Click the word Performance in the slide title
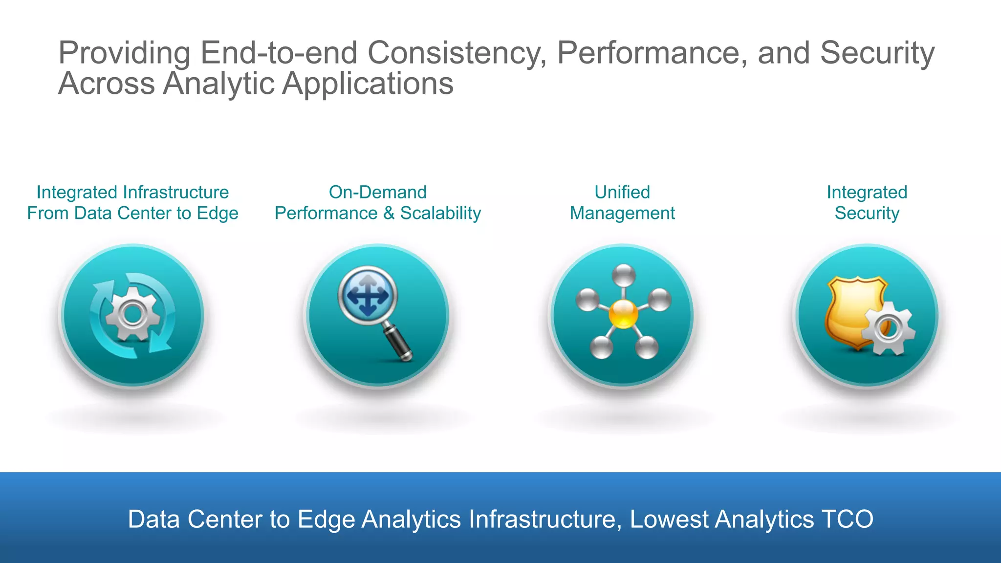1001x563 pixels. coord(652,53)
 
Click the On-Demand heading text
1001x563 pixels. coord(377,192)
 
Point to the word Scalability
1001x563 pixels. coord(440,214)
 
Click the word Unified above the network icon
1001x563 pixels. coord(622,192)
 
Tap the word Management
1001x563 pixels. coord(622,214)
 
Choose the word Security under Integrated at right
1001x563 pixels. coord(867,214)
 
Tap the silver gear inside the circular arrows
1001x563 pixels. coord(132,314)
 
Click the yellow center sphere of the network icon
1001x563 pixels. coord(623,314)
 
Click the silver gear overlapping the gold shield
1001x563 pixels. coord(887,328)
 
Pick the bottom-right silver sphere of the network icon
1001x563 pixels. coord(647,347)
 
